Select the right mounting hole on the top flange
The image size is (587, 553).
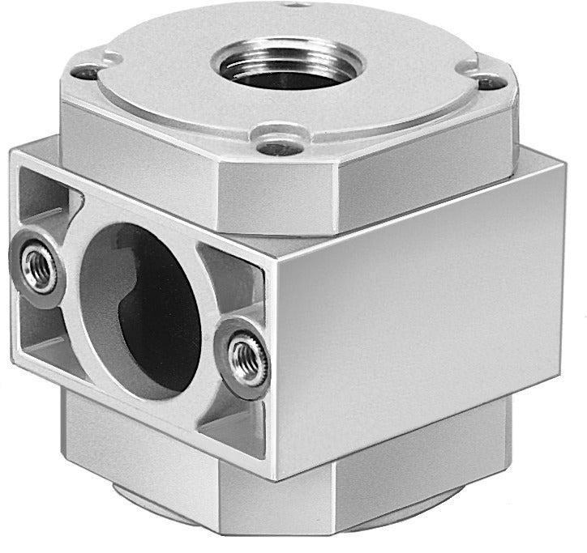tap(486, 82)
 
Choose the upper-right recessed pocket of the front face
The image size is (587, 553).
tap(231, 267)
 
